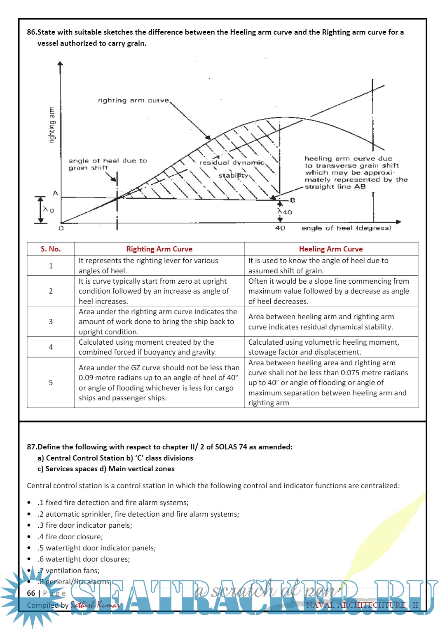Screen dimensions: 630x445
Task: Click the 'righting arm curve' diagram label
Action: pos(133,100)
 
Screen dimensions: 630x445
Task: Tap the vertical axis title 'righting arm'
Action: pos(52,125)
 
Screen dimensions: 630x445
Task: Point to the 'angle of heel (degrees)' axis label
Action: pos(346,228)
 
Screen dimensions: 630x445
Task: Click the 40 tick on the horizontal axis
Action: pos(280,228)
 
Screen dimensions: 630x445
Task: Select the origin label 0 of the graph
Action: pos(61,228)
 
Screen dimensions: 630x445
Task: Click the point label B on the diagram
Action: pos(293,200)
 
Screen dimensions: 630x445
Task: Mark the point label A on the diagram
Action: pos(55,193)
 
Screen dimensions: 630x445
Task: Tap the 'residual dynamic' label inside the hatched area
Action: pos(232,162)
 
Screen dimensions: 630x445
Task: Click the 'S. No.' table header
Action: pos(51,249)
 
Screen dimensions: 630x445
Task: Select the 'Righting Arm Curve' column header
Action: pos(159,249)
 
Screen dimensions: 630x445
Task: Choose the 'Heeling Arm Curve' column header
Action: pos(331,249)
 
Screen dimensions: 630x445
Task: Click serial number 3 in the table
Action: pos(51,322)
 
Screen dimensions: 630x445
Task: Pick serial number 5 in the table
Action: pos(51,383)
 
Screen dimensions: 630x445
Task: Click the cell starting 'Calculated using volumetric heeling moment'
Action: pos(324,347)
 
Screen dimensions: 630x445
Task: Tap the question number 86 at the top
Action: pos(32,32)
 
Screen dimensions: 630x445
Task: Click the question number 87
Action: pos(32,447)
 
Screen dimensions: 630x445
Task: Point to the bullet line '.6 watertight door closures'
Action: pos(84,559)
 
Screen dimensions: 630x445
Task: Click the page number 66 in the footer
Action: pos(31,593)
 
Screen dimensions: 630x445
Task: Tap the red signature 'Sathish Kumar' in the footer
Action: pos(95,605)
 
